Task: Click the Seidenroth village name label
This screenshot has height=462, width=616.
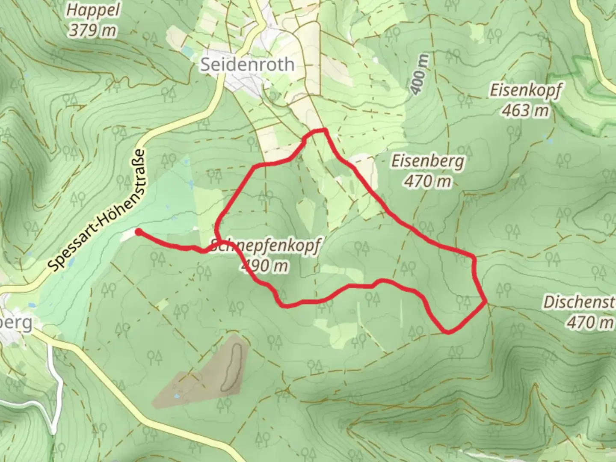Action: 247,65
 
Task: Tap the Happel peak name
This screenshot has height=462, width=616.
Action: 93,10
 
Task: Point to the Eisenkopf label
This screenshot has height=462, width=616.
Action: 525,90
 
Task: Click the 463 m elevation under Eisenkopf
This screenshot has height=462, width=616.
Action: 525,110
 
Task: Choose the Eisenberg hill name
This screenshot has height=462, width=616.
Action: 427,161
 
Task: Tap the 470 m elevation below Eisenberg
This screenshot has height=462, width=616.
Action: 427,181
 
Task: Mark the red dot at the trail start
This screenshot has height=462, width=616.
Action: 139,232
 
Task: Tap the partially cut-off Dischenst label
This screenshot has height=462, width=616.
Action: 579,302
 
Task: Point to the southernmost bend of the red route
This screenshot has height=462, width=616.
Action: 448,332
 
